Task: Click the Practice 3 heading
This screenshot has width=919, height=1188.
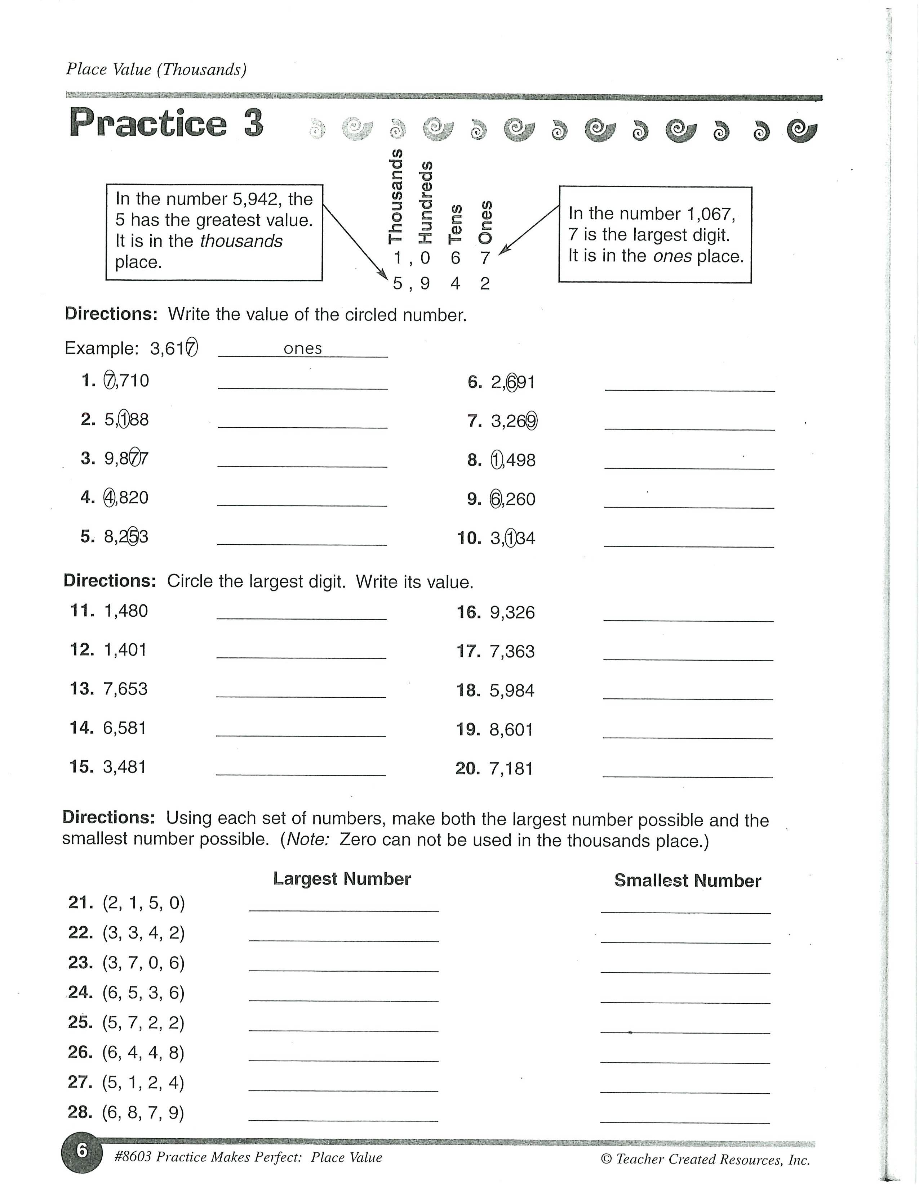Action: pos(166,123)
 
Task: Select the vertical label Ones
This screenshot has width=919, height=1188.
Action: pos(485,222)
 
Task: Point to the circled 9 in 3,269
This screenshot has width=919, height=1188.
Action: pos(531,421)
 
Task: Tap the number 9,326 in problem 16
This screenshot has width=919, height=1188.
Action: pos(512,612)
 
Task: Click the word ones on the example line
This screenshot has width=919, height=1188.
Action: pos(303,348)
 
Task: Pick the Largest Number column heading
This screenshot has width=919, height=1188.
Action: pos(342,878)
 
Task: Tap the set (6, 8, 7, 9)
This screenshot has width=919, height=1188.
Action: pos(143,1112)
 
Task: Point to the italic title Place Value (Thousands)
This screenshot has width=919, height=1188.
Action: pos(156,69)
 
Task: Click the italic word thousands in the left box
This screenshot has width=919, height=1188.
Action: pos(241,241)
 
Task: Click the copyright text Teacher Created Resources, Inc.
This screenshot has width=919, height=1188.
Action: pos(712,1159)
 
